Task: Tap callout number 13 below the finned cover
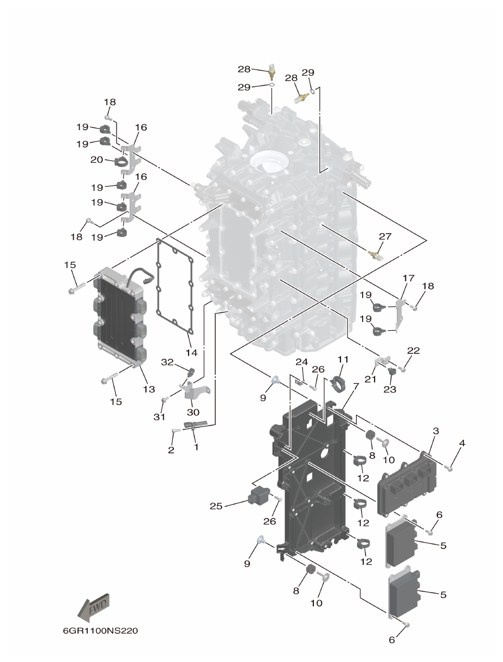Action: point(149,389)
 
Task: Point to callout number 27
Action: point(385,236)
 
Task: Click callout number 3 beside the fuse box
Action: point(435,430)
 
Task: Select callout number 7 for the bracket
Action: point(356,385)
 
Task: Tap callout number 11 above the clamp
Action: point(343,359)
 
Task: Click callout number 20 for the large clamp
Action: point(97,160)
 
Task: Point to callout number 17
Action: point(408,278)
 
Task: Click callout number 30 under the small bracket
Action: point(193,412)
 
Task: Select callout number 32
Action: point(167,362)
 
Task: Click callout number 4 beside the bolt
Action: point(462,443)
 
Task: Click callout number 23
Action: point(390,389)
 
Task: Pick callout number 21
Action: point(370,380)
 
